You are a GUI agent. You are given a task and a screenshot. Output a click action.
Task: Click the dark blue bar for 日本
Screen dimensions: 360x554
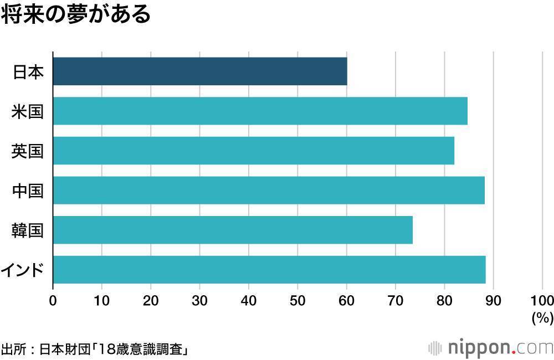199,71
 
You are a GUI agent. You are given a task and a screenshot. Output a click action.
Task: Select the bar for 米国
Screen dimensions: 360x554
260,111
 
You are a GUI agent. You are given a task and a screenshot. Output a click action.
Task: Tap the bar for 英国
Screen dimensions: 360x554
253,151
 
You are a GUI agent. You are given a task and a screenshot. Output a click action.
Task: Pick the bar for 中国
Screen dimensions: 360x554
269,190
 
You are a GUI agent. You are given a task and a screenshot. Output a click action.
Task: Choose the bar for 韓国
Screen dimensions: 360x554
233,230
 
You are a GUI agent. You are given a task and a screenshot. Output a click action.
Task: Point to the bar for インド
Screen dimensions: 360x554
269,270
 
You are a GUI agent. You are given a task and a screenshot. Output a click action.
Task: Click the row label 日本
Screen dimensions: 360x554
28,72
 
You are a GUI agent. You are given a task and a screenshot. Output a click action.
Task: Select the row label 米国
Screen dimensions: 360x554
28,111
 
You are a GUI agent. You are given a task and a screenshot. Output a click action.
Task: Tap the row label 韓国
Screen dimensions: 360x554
28,230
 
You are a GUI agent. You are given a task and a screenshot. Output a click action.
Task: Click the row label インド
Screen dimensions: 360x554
23,270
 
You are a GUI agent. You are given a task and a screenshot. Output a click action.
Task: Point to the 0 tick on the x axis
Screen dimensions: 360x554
53,300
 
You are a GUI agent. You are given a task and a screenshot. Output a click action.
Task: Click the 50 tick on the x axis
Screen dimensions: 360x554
297,300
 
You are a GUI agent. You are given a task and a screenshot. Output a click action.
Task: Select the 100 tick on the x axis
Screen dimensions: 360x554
542,300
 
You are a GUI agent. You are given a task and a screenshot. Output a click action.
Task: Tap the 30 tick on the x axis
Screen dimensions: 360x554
199,300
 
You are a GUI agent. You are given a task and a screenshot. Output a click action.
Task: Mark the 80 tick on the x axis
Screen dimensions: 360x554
444,300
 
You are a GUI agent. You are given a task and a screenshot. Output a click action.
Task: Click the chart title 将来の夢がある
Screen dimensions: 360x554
75,15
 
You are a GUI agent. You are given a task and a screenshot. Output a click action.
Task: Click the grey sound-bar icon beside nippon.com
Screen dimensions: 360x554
435,348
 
